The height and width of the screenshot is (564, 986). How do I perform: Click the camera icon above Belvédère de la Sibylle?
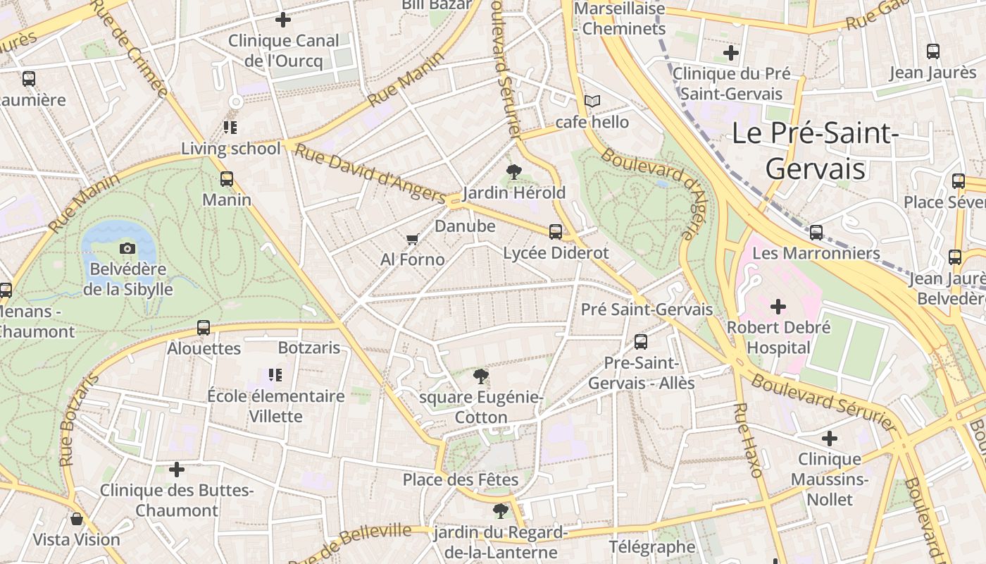point(127,248)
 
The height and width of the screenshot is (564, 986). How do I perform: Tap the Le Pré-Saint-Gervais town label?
point(815,151)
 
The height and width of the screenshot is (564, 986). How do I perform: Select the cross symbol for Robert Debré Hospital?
point(778,307)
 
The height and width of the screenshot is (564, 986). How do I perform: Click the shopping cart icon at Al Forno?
point(413,240)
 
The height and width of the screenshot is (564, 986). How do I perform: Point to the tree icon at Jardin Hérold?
point(514,171)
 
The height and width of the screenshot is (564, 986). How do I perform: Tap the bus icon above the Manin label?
point(227,179)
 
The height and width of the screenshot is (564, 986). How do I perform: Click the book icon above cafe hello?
point(592,102)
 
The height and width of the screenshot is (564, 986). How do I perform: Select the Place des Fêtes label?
point(461,480)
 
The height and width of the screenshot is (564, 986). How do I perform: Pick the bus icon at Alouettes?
point(204,328)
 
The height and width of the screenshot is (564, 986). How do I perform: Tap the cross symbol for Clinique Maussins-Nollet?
point(830,439)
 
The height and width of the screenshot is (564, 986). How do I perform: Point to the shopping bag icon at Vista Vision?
point(77,520)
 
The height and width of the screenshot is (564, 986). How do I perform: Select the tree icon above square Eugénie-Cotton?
point(481,376)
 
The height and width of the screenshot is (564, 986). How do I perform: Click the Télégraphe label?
point(652,547)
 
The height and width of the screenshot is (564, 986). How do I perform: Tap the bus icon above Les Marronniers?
point(816,232)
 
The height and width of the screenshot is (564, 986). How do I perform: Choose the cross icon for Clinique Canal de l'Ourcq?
point(283,20)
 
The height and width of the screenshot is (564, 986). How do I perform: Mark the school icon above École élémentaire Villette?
point(275,375)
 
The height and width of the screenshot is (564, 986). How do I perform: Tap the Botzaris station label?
point(309,348)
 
